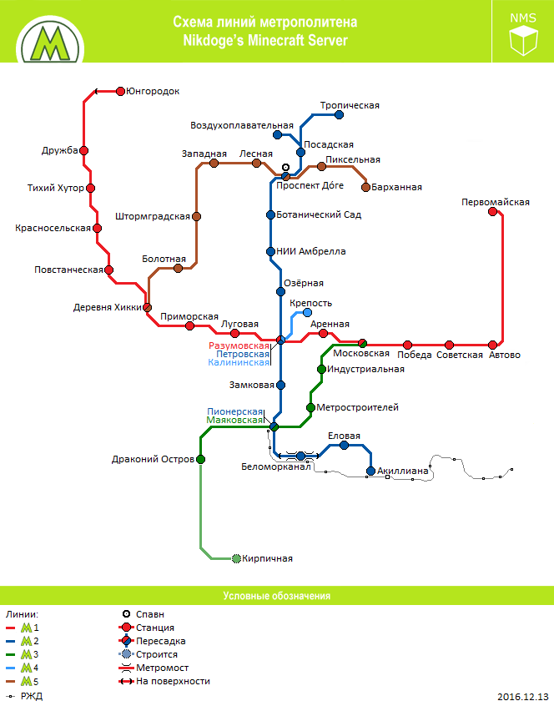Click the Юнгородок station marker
tap(121, 91)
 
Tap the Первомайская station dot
tap(492, 212)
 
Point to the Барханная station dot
tap(365, 187)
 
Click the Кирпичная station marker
tap(236, 557)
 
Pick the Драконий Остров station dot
tap(200, 459)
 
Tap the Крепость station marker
tap(307, 313)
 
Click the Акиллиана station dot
tap(370, 471)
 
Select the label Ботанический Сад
tap(322, 214)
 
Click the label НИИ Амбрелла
tap(315, 251)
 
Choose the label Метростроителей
tap(357, 407)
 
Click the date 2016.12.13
tap(523, 696)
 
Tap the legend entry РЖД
tap(31, 695)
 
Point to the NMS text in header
tap(524, 17)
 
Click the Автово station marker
tap(493, 345)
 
